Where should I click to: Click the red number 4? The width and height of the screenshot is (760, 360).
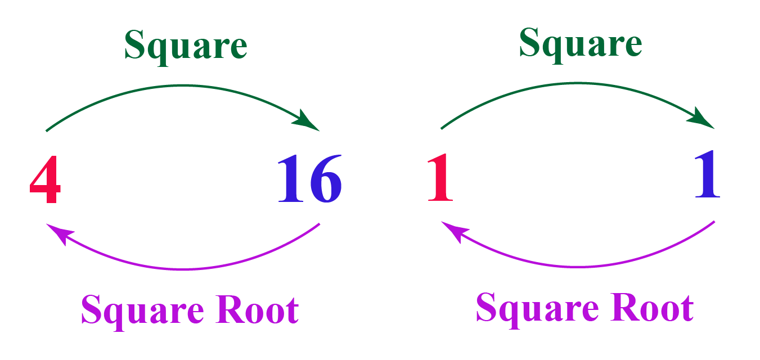[x=45, y=178]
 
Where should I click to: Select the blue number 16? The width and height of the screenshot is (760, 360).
[x=309, y=178]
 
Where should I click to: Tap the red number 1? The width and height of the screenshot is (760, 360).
[x=439, y=178]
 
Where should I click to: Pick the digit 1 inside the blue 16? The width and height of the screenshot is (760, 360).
[x=291, y=178]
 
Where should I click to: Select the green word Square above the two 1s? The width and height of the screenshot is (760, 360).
[x=580, y=44]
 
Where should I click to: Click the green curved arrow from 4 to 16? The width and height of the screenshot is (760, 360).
[x=183, y=85]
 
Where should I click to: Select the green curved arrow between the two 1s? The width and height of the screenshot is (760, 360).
[x=577, y=83]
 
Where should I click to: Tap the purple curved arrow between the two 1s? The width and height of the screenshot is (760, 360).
[x=578, y=266]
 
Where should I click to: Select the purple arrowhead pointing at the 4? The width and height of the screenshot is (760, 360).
[x=57, y=232]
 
